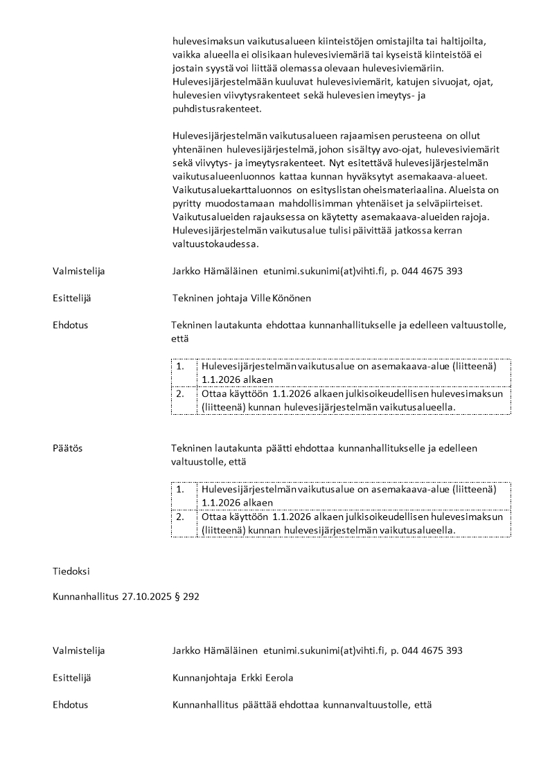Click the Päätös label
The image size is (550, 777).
tap(67, 448)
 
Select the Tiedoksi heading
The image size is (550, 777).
tap(71, 571)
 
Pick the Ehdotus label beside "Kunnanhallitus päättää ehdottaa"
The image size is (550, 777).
tap(70, 704)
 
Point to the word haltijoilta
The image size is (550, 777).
tap(465, 41)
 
